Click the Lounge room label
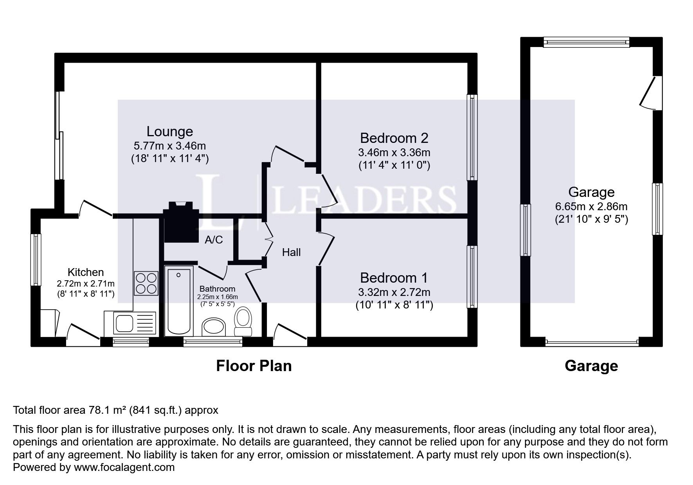[170, 132]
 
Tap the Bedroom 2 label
[394, 138]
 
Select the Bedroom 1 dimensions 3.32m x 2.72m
[394, 292]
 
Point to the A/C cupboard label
[214, 240]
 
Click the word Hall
[292, 252]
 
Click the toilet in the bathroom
[243, 321]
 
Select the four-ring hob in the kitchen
[146, 283]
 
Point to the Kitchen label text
[86, 272]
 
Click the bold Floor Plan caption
[254, 366]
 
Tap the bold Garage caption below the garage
[591, 366]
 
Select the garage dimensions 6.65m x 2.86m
[591, 206]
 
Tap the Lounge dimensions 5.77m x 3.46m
[170, 146]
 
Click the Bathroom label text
[218, 289]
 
